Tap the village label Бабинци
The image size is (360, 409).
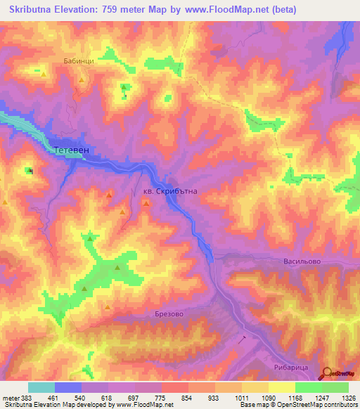click(x=78, y=61)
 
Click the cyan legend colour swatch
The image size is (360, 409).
click(x=41, y=387)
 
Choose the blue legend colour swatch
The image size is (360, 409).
click(x=68, y=387)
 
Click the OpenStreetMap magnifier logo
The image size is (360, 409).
click(x=327, y=375)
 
